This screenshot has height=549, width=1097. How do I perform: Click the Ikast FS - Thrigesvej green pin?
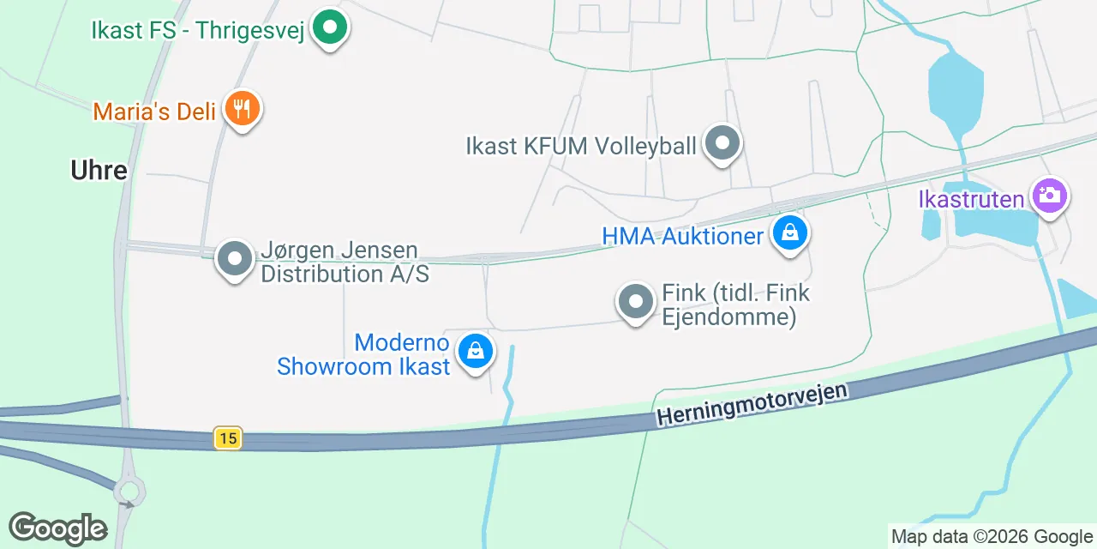click(x=328, y=27)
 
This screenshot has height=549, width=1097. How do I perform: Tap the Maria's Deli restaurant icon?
click(x=243, y=109)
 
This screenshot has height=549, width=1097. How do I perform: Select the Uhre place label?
click(x=99, y=170)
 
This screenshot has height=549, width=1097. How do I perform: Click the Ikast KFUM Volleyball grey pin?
click(x=722, y=143)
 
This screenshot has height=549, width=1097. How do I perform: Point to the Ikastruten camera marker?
click(x=1048, y=196)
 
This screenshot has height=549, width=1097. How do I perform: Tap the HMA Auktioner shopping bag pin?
click(x=789, y=232)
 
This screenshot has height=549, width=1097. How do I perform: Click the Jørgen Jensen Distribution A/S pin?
click(x=234, y=258)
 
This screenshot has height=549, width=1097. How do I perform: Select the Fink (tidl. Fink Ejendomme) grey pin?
click(x=635, y=302)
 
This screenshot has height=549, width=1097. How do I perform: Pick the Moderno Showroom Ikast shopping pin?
click(x=474, y=350)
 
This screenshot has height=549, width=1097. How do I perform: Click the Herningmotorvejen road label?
click(x=752, y=404)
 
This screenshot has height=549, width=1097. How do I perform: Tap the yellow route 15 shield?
click(x=227, y=438)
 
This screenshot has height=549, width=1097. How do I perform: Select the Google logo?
click(x=57, y=528)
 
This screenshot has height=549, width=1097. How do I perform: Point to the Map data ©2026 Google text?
click(x=992, y=537)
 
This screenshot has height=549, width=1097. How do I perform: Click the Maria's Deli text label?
click(x=154, y=111)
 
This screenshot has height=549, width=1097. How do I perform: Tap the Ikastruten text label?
click(x=971, y=200)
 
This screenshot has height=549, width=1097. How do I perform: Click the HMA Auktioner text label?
click(x=682, y=236)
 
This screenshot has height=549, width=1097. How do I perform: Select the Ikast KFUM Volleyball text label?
click(x=581, y=146)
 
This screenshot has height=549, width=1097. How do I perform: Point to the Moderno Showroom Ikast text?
click(x=364, y=354)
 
